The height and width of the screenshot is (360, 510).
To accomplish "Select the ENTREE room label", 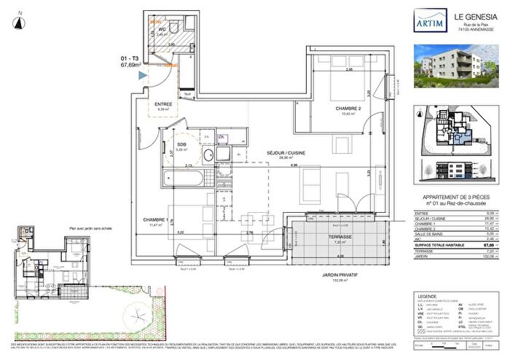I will [x=163, y=104].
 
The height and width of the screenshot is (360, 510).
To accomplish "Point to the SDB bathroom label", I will [x=179, y=145].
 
